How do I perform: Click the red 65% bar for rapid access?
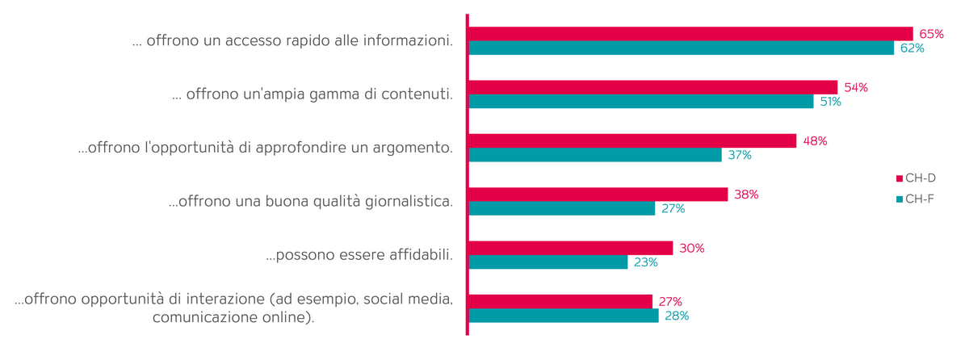[690, 34]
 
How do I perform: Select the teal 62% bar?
[681, 48]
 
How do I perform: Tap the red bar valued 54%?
[652, 87]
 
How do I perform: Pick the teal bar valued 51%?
[640, 102]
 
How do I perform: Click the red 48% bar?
[632, 140]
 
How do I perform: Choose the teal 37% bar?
[595, 155]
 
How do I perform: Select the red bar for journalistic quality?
[598, 195]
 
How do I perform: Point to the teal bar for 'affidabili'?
[547, 262]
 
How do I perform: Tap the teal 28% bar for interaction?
[563, 316]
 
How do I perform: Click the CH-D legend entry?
[916, 178]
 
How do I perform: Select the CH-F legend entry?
[916, 199]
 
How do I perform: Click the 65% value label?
[931, 34]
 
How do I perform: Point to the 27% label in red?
[671, 302]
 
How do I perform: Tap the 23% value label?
[646, 262]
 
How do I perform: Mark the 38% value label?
[746, 195]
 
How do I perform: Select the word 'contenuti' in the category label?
[417, 94]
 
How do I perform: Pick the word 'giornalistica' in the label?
[406, 202]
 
